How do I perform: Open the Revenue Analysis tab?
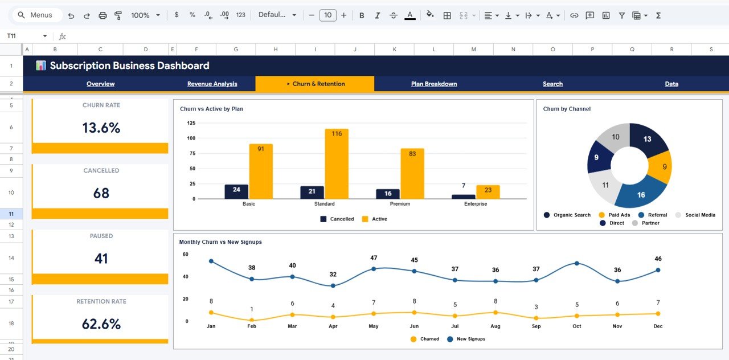tap(212, 84)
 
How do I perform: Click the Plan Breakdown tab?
tap(434, 84)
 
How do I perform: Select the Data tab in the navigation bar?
tap(671, 84)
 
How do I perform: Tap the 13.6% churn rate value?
tap(101, 128)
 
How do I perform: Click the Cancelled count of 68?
tap(101, 193)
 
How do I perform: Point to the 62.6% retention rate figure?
tap(101, 324)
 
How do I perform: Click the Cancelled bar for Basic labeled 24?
tap(236, 191)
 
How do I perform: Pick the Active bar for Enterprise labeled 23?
tap(488, 192)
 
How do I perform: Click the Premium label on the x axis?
tap(399, 204)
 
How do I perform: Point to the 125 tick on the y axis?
tap(191, 123)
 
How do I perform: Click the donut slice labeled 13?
tap(649, 140)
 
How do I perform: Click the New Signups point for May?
tap(374, 269)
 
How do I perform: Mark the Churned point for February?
tap(252, 320)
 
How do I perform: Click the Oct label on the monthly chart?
tap(577, 326)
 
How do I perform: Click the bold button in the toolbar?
tap(362, 15)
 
